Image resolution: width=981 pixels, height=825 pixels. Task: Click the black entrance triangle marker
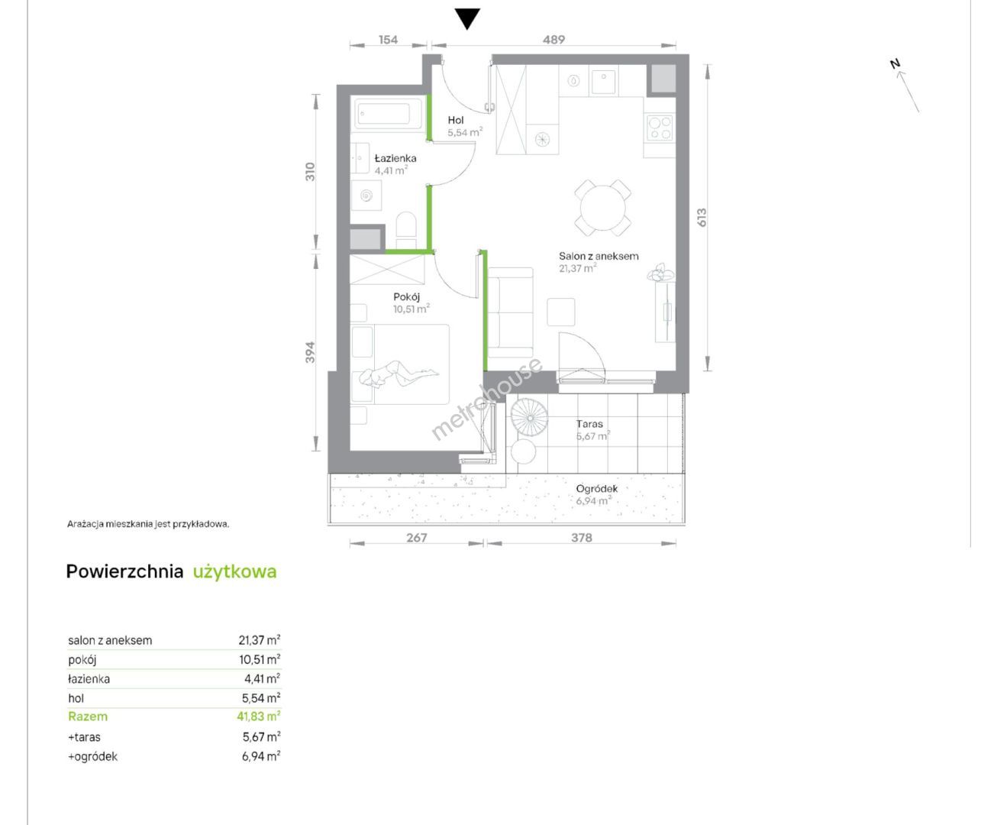(467, 18)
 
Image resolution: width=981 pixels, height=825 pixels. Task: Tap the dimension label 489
(553, 40)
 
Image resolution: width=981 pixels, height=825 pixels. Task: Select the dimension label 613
(701, 218)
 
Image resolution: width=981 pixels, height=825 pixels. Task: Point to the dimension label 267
(416, 537)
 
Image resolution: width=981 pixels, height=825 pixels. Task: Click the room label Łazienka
(395, 158)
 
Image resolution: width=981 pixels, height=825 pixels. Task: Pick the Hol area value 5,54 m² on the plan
(465, 133)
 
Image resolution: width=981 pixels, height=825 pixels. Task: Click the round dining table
(602, 207)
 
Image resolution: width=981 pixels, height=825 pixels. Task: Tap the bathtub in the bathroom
(386, 113)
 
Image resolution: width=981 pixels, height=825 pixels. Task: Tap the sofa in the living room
(510, 312)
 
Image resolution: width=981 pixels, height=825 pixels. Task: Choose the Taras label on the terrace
(589, 424)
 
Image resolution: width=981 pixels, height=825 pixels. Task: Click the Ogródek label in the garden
(597, 489)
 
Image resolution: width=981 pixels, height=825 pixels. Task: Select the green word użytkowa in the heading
(234, 572)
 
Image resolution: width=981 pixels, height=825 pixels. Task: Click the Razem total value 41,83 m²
(258, 717)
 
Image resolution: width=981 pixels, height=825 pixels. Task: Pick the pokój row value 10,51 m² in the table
(260, 659)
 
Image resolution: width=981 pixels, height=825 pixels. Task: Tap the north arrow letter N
(895, 64)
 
